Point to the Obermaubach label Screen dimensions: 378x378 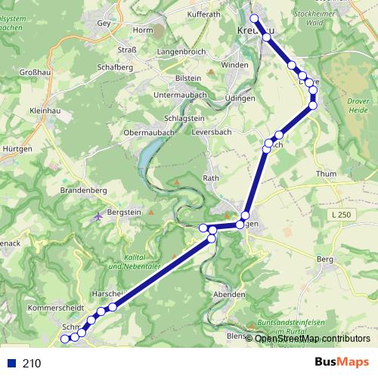coord(150,133)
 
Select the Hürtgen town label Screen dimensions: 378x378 coord(17,149)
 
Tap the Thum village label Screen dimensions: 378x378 coord(327,173)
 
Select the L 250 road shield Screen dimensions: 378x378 coord(342,216)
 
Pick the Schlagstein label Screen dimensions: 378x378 coord(186,119)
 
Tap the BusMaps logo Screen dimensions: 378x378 coord(341,362)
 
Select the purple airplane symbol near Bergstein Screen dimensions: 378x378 coord(99,218)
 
